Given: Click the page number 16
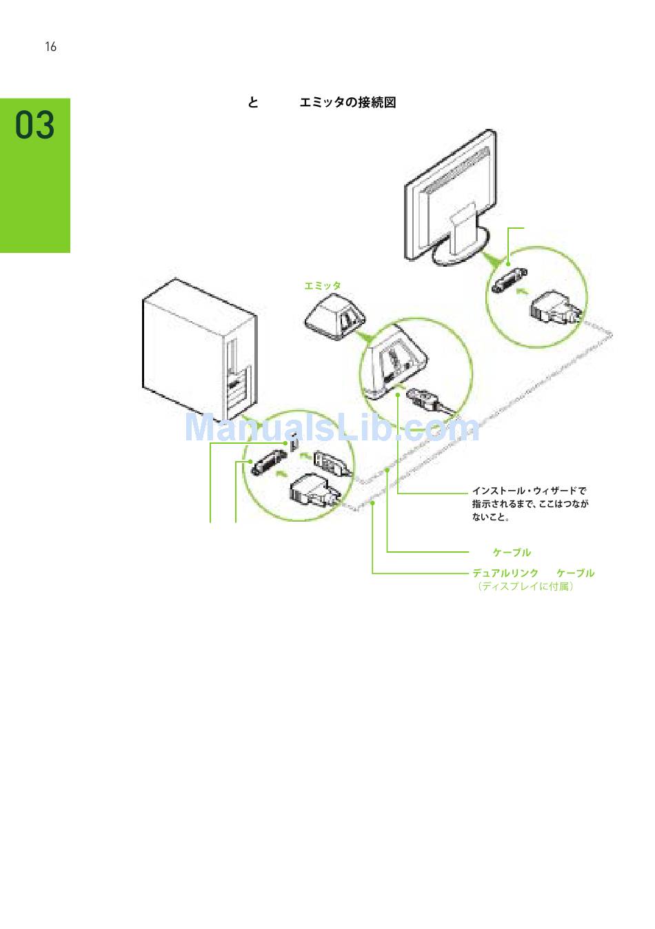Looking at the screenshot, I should (x=50, y=47).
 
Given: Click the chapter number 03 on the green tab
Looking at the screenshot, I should (x=35, y=125).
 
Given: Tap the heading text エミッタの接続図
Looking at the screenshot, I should (x=347, y=103).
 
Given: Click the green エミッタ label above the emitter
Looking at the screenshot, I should (x=323, y=285).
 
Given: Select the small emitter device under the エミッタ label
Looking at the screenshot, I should (x=335, y=316).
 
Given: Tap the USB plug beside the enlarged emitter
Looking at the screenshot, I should (x=423, y=402).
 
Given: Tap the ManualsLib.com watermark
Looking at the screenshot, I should (x=331, y=427).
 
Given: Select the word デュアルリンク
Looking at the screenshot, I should (x=505, y=573).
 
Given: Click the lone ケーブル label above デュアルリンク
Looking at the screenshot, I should (x=512, y=552).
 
